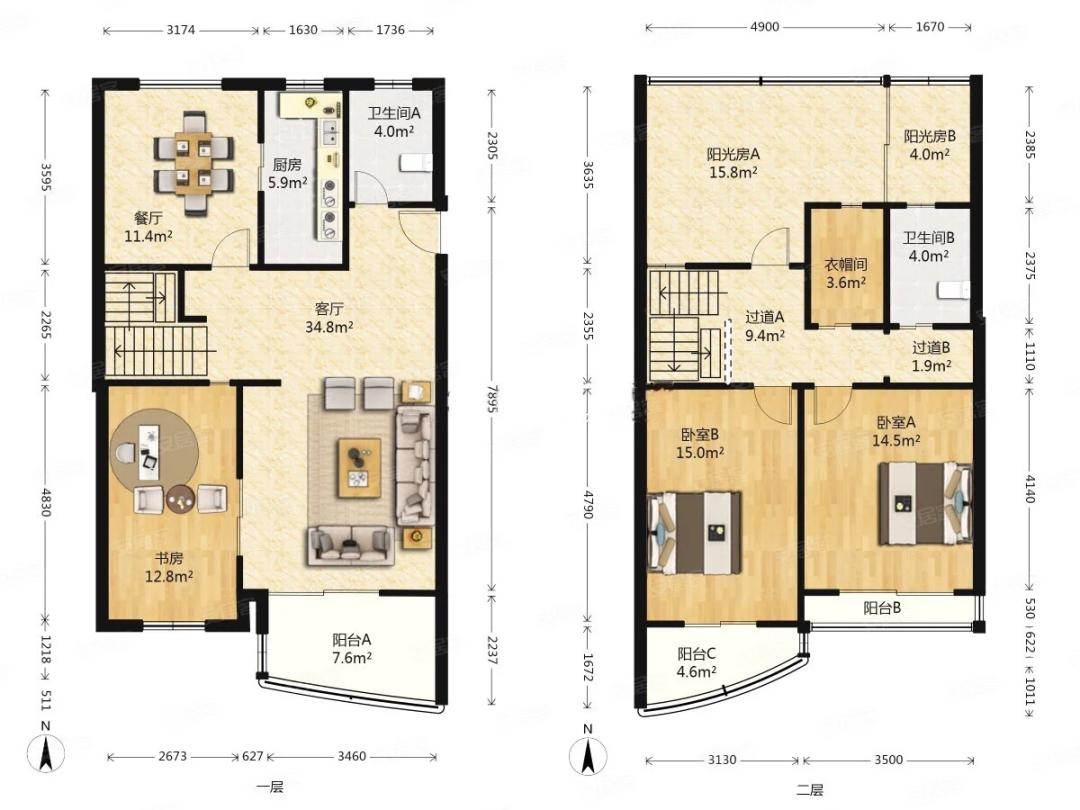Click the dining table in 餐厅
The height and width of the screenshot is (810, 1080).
coord(194,163)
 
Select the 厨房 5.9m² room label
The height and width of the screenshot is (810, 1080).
coord(287,174)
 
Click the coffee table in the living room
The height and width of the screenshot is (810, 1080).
coord(359,468)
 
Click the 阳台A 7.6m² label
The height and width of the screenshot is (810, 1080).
coord(351,649)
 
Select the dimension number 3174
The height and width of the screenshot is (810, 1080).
coord(181,30)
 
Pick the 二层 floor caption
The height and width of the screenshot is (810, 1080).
coord(809,790)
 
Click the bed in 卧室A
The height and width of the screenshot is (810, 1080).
coord(925,503)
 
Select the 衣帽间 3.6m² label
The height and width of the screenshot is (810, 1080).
coord(846,273)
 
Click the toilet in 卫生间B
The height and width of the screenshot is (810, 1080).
coord(953,291)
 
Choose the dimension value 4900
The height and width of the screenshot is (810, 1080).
coord(765,27)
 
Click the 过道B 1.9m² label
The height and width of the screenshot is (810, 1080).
coord(931,357)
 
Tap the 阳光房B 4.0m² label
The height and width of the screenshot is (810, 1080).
coord(929,145)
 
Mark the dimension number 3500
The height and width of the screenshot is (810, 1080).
coord(889,760)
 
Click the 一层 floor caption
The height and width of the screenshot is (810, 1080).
coord(269,787)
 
